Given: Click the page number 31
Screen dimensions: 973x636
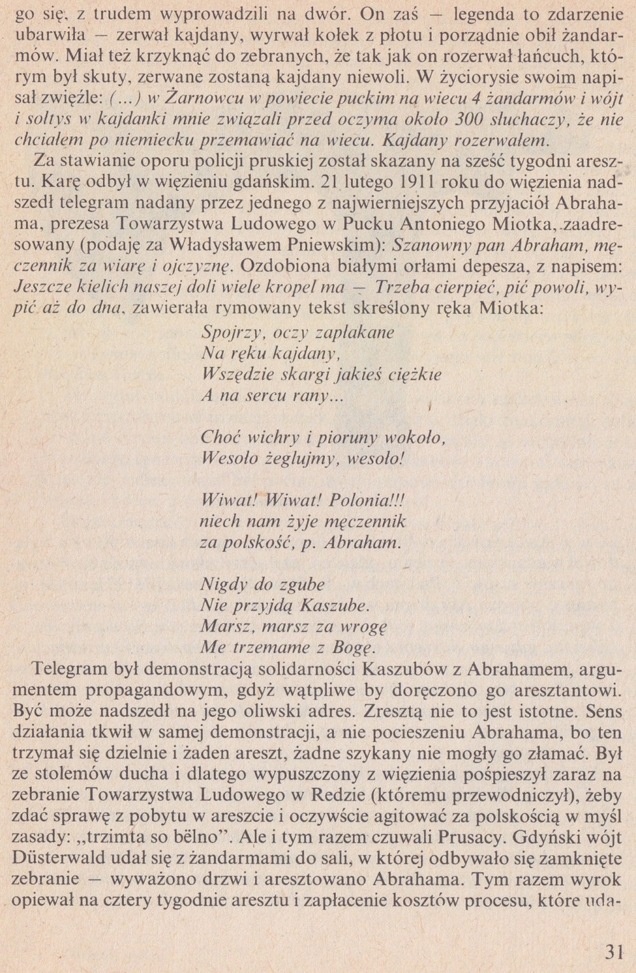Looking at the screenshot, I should (x=613, y=952).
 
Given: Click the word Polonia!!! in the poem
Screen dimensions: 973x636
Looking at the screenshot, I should (x=366, y=500).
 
